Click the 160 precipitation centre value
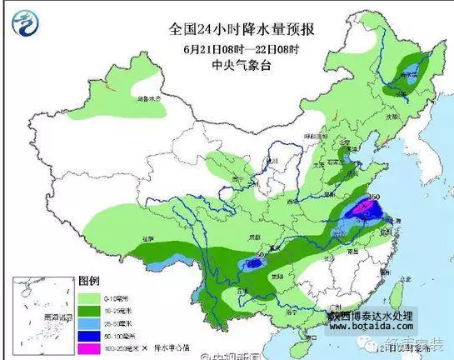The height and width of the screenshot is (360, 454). [x=373, y=197]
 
